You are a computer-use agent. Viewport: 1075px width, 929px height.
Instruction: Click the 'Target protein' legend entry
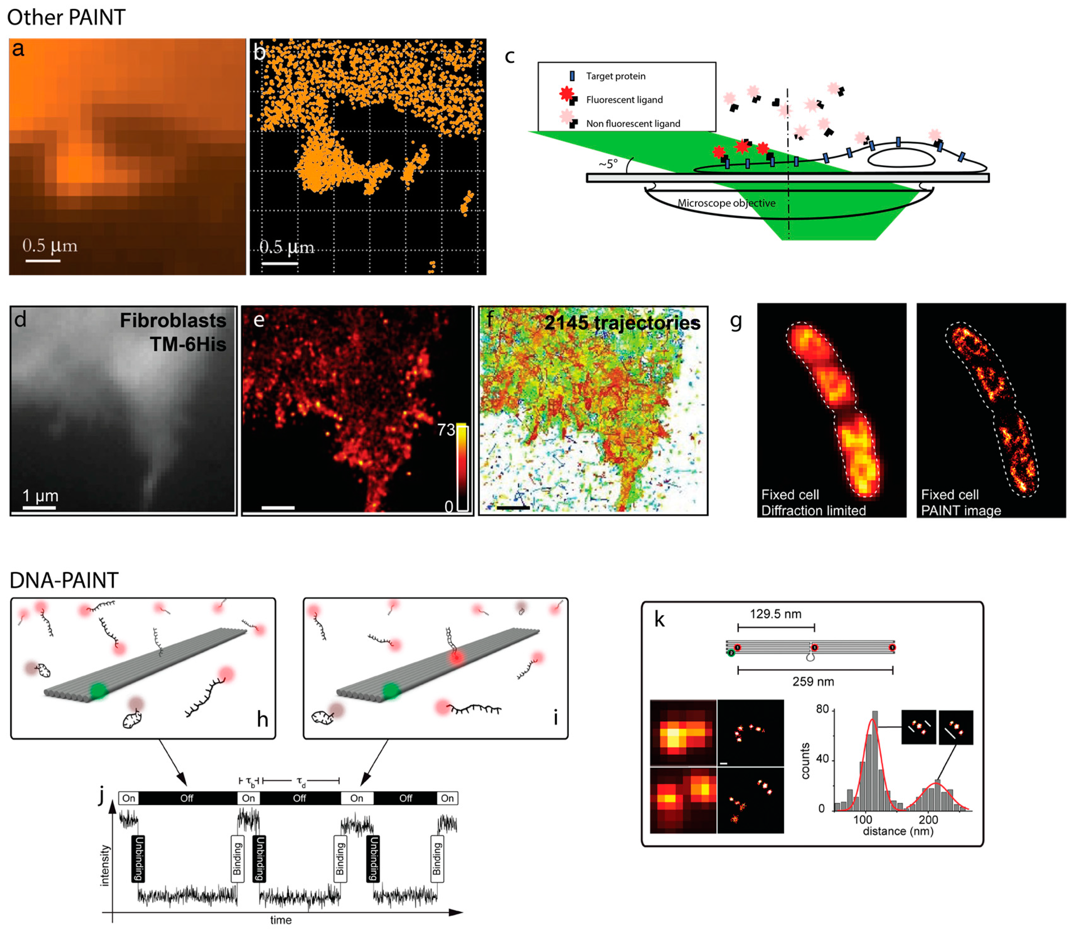(615, 76)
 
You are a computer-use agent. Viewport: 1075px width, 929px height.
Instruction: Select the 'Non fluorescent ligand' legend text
(633, 124)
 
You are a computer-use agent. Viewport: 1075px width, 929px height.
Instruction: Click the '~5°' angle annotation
(608, 164)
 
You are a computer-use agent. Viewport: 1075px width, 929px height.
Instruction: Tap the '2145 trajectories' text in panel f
(622, 323)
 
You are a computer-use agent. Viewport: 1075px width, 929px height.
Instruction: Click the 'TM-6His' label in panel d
(188, 344)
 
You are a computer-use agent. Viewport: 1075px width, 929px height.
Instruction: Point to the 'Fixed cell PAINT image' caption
(960, 502)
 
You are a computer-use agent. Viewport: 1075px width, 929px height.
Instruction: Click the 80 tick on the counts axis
(822, 710)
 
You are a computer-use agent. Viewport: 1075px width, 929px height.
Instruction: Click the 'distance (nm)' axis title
(898, 831)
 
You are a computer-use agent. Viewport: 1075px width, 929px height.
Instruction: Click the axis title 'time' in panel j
(281, 920)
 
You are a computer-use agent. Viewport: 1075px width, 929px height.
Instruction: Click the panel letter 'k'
(660, 619)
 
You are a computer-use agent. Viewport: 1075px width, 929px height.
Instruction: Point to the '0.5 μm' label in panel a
(50, 245)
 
